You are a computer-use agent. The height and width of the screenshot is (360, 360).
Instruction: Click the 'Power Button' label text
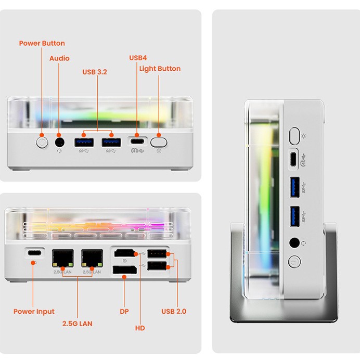(42, 43)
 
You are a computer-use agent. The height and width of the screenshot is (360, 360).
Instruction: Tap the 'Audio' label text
(59, 58)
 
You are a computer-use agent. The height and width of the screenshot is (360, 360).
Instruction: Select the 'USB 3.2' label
(95, 72)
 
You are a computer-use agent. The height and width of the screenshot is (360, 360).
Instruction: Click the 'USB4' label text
(138, 58)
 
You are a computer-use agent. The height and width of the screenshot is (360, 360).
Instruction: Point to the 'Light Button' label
(160, 69)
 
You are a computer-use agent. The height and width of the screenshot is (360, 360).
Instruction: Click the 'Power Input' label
(34, 312)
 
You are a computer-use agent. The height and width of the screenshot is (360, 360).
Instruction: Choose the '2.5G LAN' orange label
(77, 324)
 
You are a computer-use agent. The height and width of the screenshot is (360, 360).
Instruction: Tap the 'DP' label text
(124, 312)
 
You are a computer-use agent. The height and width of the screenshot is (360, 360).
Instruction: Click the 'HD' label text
(140, 328)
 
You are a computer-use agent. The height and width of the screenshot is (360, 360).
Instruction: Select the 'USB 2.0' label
(174, 312)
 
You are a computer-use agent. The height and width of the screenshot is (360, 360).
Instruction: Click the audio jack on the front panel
(59, 142)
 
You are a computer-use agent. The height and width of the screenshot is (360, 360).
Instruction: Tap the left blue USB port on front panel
(83, 142)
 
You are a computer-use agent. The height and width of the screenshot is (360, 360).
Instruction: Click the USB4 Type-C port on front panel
(137, 142)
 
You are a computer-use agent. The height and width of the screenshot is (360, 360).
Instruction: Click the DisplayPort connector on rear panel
(124, 270)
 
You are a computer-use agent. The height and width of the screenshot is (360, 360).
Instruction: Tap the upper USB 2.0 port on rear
(157, 254)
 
